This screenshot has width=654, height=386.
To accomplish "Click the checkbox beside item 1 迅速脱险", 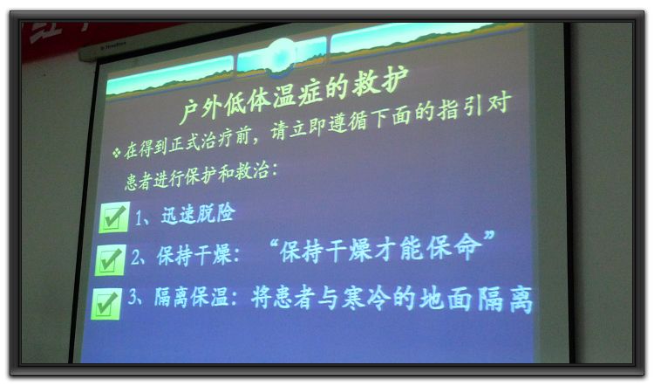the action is (x=114, y=217).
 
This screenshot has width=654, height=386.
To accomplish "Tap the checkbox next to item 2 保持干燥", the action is (x=110, y=260).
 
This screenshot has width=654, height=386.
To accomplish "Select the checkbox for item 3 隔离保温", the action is (x=106, y=304).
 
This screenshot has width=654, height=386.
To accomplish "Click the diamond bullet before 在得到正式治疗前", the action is (x=116, y=152).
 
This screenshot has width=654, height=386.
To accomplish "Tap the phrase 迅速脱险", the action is (x=198, y=214).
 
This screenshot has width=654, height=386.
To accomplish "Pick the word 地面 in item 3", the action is (x=445, y=299).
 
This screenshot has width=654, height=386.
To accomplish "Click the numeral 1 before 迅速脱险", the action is (x=138, y=217).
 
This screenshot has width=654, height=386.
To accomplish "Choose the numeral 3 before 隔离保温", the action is (x=133, y=296).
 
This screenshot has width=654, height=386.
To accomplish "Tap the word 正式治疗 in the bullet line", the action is (x=201, y=143).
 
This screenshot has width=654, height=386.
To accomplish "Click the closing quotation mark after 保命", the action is (x=488, y=237).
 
